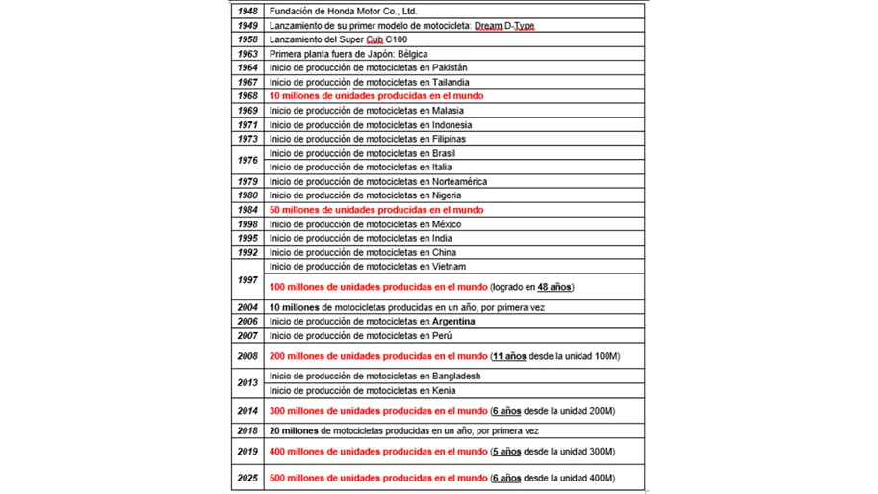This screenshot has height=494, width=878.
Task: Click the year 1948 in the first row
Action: click(x=247, y=12)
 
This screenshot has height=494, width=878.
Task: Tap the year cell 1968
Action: click(x=247, y=96)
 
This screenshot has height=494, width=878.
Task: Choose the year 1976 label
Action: click(x=247, y=160)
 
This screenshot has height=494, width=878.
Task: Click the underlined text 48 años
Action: click(x=554, y=287)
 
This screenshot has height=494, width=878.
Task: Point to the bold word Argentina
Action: click(x=453, y=322)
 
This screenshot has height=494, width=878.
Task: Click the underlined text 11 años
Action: click(x=509, y=356)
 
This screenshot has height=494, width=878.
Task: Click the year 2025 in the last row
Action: click(x=247, y=478)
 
